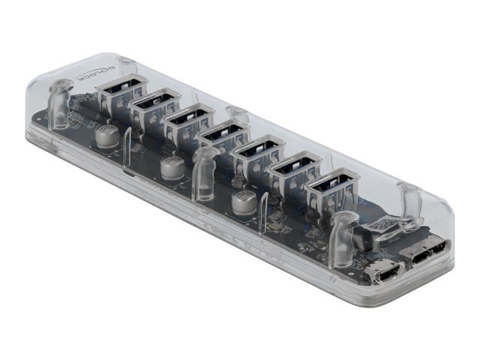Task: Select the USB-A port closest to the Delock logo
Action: [121, 90]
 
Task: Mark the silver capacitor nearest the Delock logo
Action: [106, 136]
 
